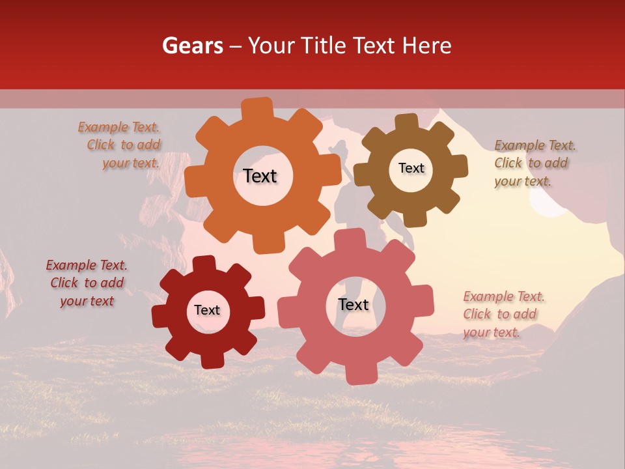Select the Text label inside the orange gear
pos(260,176)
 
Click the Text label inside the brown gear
pos(411,168)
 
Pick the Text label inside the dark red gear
pos(207,311)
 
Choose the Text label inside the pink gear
pos(354,305)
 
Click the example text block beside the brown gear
pos(531,163)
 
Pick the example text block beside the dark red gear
pos(87,283)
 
